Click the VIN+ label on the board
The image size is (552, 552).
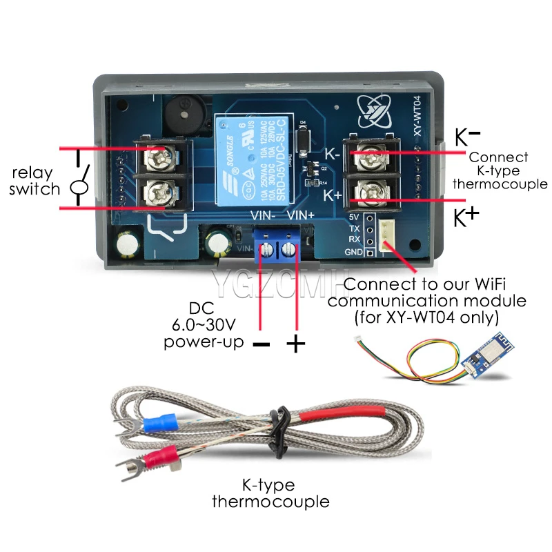[x=300, y=215]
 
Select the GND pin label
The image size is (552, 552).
[x=353, y=251]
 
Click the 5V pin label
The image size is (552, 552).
[x=354, y=217]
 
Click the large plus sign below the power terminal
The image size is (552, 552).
[x=295, y=344]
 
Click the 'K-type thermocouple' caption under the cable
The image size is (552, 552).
[x=270, y=493]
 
